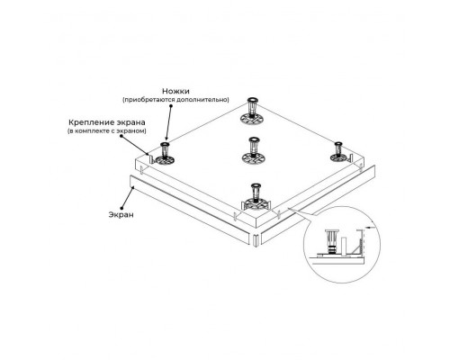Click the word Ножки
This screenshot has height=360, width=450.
pos(175,91)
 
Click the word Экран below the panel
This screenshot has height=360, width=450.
pos(121,215)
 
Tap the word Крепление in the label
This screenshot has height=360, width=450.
pos(88,122)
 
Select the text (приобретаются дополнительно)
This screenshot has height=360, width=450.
pos(175,100)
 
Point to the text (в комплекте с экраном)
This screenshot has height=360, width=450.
pos(107,131)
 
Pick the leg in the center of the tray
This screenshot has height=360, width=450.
pos(254,150)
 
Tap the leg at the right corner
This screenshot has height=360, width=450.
pos(339,152)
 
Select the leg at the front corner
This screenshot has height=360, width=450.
pos(256,197)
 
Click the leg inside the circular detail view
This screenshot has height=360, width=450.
pos(330,242)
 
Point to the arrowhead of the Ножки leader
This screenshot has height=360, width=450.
pos(166,139)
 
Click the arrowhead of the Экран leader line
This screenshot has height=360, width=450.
pos(132,188)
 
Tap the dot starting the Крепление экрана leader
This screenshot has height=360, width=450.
pos(121,136)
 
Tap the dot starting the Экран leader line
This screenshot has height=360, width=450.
pos(121,207)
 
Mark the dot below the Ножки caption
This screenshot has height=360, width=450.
pos(171,106)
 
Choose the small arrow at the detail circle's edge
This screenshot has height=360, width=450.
pos(370,228)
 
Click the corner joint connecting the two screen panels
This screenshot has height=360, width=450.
pos(256,240)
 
